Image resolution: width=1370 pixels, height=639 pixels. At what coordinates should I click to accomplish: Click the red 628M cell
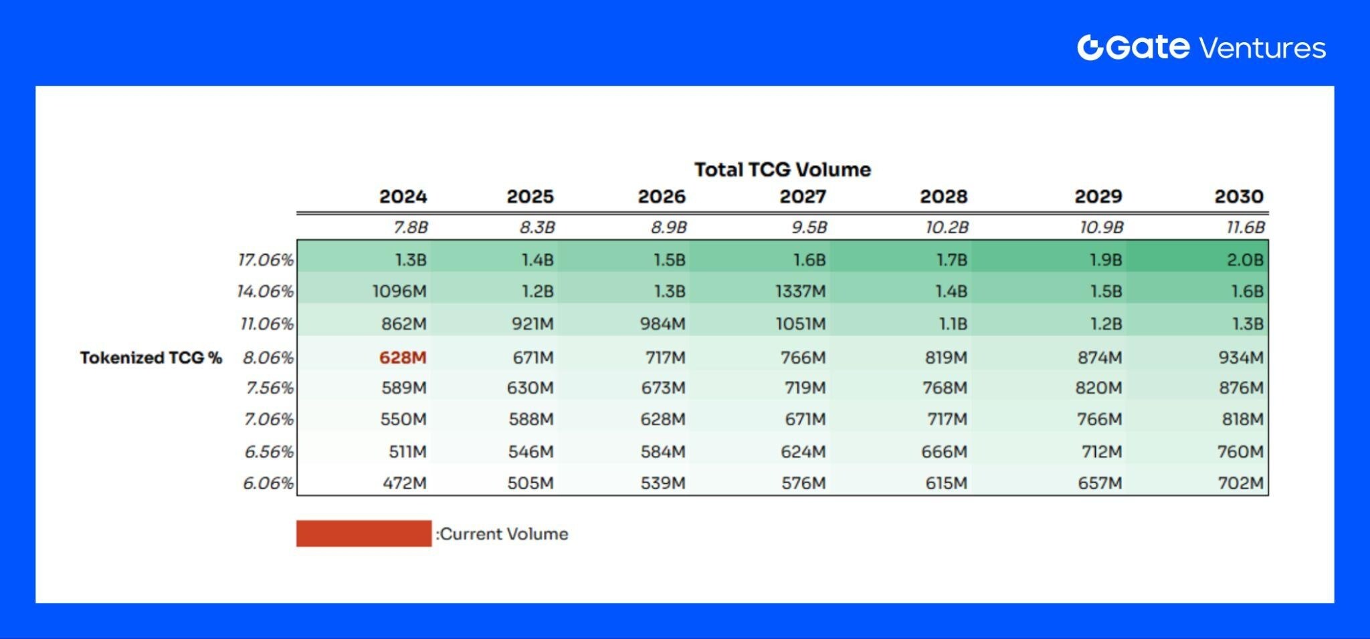tap(402, 358)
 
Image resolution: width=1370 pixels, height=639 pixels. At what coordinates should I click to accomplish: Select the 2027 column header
tap(802, 197)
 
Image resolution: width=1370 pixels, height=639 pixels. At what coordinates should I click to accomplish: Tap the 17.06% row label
tap(266, 259)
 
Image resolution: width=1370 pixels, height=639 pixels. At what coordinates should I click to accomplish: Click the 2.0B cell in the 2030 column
tap(1244, 259)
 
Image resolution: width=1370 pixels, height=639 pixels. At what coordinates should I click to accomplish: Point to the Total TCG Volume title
tap(782, 169)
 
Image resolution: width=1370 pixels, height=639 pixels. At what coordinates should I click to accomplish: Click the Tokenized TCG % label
tap(151, 358)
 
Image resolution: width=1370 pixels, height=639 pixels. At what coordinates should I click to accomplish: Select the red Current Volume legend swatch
tap(364, 533)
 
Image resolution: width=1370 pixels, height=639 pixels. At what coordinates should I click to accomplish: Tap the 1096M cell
tap(399, 291)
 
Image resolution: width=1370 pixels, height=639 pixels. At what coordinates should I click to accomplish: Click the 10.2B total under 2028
tap(946, 227)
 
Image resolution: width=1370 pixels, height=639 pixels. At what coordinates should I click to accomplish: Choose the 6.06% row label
tap(268, 483)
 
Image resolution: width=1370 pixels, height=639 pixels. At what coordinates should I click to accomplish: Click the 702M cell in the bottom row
tap(1240, 483)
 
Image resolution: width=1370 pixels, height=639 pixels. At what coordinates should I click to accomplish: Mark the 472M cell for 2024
tap(404, 483)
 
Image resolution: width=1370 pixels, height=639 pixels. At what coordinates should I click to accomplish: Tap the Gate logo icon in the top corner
tap(1089, 47)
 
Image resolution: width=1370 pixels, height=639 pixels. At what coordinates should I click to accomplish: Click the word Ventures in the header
tap(1262, 48)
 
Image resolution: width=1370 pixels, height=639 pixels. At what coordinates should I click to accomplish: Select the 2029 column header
tap(1098, 197)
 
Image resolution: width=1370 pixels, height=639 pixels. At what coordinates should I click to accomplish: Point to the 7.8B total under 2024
tap(410, 227)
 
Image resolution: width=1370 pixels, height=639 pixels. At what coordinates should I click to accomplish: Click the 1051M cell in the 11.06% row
tap(800, 324)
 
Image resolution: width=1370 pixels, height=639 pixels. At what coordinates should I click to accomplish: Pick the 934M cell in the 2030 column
tap(1240, 358)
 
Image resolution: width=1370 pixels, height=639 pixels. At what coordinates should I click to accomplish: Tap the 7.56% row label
tap(269, 388)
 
